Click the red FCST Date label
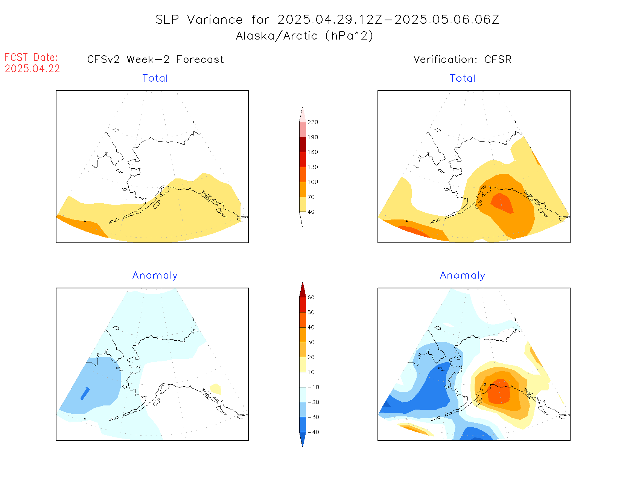(31, 58)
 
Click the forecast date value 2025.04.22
(32, 69)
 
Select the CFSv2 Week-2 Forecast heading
(155, 59)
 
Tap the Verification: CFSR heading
(462, 59)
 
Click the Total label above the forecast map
(155, 78)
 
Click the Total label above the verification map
(463, 78)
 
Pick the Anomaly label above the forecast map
(155, 276)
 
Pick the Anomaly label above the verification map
(463, 276)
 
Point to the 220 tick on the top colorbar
(312, 122)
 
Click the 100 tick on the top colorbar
(312, 182)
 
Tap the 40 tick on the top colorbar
(311, 212)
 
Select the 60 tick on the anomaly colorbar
(311, 297)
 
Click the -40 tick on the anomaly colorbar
(313, 432)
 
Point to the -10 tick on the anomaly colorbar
(313, 387)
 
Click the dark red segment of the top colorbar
(303, 145)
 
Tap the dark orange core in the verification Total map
(502, 203)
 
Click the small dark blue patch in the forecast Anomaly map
(85, 393)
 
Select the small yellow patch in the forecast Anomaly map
(215, 389)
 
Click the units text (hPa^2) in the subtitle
(349, 36)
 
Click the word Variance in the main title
(215, 20)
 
